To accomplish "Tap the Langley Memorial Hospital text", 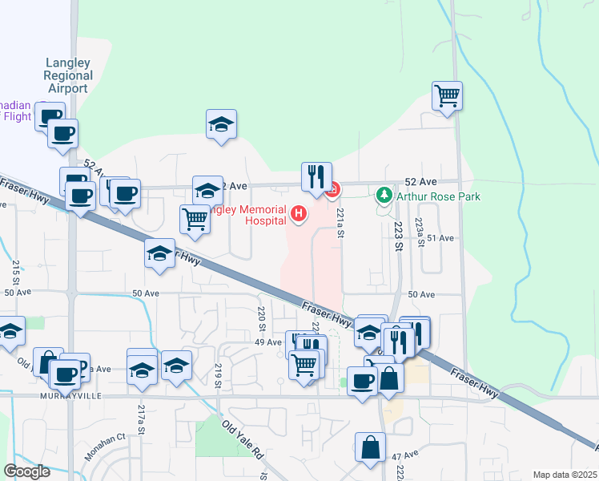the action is coord(248,214).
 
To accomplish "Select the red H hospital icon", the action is coord(299,213).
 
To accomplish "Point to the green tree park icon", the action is coord(384,194).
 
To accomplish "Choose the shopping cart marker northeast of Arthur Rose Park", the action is coord(448,96).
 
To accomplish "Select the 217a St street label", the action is coord(141,418).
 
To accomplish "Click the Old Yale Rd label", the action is coord(243,440).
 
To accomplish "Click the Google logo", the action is coord(27,471).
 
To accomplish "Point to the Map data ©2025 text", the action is coord(565,475).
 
